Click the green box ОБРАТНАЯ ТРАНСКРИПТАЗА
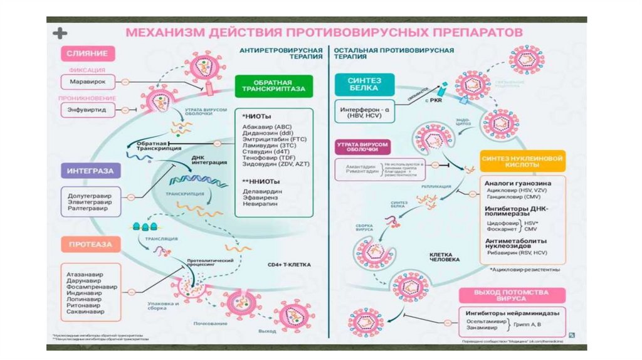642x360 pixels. tap(274, 86)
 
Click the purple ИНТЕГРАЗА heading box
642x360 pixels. tap(87, 170)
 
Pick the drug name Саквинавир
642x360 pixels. tap(86, 311)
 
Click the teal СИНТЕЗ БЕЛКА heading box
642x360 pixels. tap(355, 83)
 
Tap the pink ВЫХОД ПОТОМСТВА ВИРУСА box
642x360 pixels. tap(512, 295)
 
